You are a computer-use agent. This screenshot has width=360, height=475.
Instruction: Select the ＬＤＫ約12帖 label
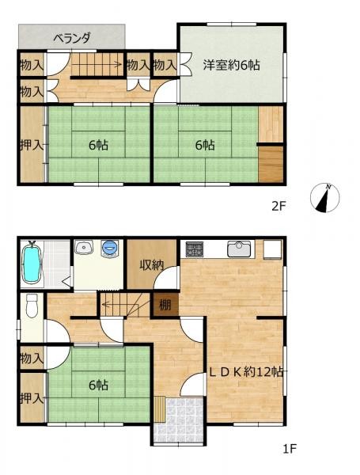[247, 372]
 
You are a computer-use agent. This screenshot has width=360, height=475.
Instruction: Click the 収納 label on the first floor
[153, 265]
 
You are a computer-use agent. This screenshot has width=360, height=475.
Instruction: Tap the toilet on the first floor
[32, 304]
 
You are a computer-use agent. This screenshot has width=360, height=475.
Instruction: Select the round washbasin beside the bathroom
[83, 248]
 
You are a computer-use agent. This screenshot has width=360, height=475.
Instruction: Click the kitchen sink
[239, 249]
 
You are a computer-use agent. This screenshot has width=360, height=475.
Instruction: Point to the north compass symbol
[325, 197]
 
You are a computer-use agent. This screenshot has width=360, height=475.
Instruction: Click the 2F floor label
[279, 207]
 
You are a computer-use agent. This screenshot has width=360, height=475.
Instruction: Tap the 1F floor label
[290, 450]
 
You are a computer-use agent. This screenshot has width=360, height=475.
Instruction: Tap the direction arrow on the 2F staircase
[116, 64]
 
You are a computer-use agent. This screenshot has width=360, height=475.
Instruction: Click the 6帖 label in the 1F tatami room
[97, 386]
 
